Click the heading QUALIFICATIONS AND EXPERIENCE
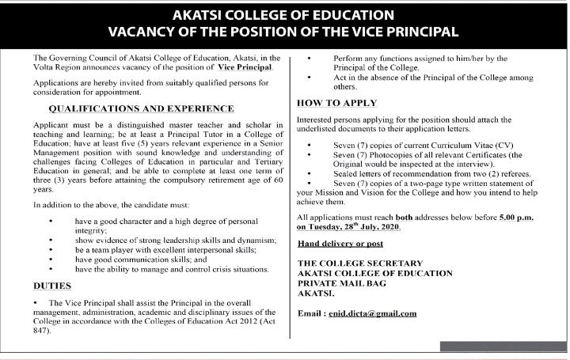point(141,108)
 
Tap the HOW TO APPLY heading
point(336,104)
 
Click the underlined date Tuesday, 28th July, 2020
point(350,227)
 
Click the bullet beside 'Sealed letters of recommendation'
point(310,173)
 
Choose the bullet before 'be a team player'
point(51,249)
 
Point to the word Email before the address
point(310,313)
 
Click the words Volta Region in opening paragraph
point(59,70)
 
